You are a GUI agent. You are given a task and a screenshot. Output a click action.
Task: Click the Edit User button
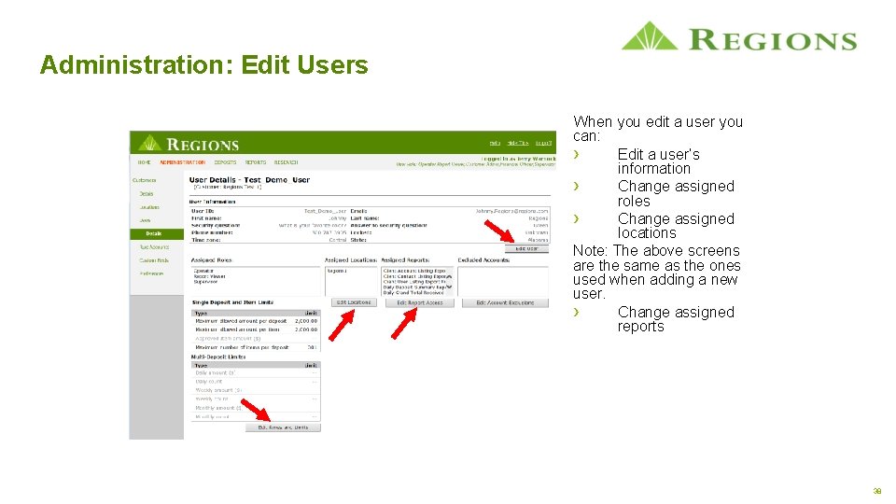526,248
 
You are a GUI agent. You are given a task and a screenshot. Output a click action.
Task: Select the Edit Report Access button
419,302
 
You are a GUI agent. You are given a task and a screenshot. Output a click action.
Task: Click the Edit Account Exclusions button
505,302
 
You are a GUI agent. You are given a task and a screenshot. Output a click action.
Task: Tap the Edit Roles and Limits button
283,427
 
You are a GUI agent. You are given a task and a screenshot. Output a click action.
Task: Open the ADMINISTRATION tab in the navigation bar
182,162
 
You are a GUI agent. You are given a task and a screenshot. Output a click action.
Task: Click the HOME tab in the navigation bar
145,162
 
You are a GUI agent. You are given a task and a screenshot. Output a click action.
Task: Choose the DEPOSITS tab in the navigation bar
225,162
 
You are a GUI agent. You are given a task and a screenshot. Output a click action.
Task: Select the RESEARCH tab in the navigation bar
286,162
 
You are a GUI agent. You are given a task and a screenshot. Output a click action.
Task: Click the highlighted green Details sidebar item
153,233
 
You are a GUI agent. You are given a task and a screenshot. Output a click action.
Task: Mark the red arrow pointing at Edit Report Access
403,322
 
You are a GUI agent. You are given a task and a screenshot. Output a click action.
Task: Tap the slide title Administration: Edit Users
203,65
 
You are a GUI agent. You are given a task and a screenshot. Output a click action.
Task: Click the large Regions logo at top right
738,38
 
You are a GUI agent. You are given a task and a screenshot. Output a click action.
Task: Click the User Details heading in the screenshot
248,180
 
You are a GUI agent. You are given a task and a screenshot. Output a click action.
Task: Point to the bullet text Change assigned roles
676,193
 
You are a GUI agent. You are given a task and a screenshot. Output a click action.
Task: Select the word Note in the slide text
590,251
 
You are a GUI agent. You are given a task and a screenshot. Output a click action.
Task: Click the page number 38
876,490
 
